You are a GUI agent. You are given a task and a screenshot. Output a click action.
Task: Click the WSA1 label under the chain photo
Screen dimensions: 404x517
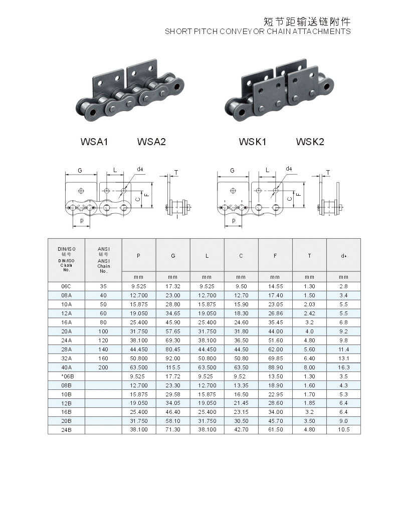(94, 142)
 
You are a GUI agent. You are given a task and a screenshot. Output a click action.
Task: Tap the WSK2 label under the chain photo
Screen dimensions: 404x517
(310, 142)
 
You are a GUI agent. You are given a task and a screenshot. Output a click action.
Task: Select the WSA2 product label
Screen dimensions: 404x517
(151, 142)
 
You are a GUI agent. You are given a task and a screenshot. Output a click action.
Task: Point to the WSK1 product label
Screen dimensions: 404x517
(253, 142)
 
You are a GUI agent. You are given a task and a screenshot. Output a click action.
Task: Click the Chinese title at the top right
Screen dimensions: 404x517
(307, 22)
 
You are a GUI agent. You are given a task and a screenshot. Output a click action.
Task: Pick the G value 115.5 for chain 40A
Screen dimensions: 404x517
(173, 367)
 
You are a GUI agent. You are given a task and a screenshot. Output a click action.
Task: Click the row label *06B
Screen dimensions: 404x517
(67, 376)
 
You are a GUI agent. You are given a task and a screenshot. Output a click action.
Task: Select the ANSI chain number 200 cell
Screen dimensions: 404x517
(103, 367)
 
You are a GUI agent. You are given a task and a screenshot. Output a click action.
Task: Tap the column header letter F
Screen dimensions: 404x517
(275, 256)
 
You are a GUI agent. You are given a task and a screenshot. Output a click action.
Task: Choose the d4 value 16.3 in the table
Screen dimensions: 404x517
(343, 367)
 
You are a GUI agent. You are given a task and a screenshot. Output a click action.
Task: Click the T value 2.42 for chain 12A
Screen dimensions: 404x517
(309, 313)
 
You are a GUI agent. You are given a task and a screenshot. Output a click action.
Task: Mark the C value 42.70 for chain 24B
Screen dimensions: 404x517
(241, 429)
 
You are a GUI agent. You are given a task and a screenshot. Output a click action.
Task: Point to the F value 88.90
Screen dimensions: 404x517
(275, 367)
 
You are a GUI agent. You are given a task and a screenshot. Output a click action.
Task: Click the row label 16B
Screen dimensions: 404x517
(66, 412)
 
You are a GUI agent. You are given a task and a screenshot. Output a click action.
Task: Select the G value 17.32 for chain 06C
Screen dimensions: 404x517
(173, 286)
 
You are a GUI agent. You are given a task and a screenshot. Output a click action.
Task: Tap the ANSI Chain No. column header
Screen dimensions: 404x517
(103, 260)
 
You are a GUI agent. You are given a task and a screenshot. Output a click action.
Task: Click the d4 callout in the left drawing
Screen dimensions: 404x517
(140, 169)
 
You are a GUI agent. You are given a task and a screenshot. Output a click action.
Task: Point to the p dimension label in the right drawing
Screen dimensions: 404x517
(234, 220)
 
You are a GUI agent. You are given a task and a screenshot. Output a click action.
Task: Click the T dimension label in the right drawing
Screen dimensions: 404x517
(328, 173)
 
